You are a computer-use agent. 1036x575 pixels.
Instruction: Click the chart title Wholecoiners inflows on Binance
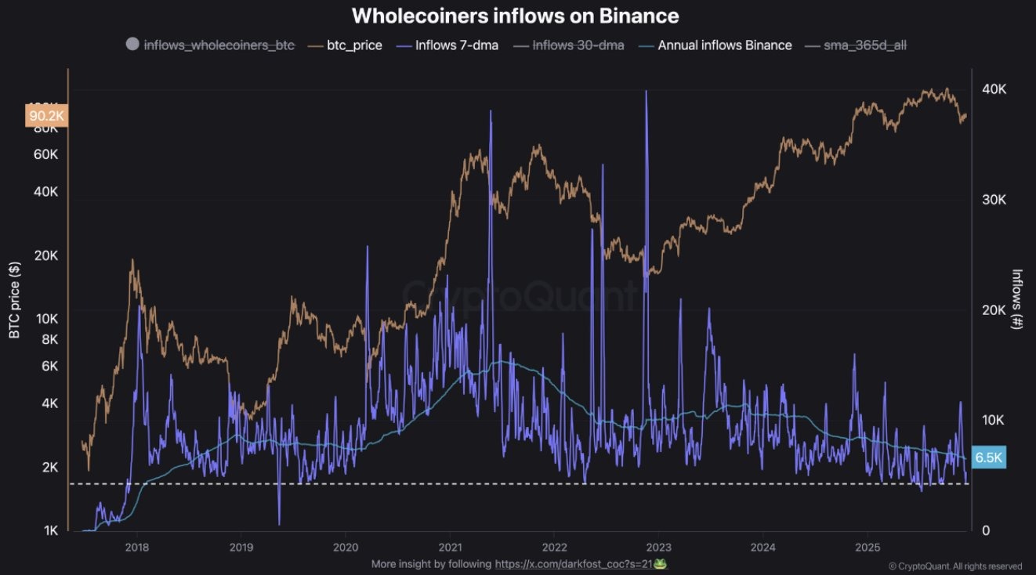pos(515,16)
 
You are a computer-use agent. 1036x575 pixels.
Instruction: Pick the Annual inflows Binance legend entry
pos(724,45)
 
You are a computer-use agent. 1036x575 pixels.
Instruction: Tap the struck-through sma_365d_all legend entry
pos(865,45)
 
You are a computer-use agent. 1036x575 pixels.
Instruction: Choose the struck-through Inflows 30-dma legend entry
pos(578,45)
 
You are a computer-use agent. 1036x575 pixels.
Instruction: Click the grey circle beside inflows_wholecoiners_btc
pos(132,45)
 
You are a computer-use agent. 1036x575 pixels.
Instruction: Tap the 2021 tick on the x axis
pos(450,547)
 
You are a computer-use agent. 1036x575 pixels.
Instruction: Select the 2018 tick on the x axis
pos(137,547)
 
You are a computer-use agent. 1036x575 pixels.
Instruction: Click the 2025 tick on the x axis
pos(868,547)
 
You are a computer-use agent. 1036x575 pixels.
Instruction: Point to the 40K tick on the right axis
pos(994,89)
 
